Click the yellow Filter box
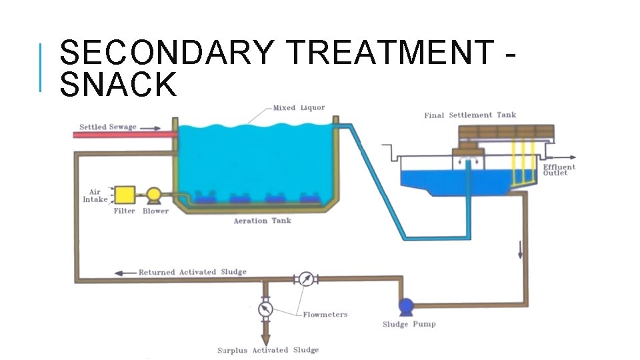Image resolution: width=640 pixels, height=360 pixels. coord(125,195)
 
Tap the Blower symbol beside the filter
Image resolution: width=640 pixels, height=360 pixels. coord(154,195)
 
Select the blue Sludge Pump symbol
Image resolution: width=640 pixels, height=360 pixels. coord(406,306)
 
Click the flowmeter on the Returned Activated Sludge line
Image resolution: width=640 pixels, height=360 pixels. coord(306,279)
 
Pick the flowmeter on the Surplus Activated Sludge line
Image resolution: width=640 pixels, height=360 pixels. coord(265,309)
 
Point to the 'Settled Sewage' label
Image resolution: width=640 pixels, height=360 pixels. coord(107,127)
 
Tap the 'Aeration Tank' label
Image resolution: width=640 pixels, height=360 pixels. coord(262,221)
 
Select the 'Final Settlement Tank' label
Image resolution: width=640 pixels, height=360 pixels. coord(470,115)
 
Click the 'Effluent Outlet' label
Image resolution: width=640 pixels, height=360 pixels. coord(559,170)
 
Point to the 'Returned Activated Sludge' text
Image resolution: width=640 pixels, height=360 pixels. coord(192,272)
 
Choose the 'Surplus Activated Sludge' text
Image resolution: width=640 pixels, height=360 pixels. coord(268,350)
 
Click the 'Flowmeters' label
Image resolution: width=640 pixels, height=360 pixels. coord(325,315)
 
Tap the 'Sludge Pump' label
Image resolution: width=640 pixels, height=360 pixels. coord(409,324)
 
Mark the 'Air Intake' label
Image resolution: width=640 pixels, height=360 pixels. coord(95,195)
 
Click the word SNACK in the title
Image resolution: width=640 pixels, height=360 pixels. coord(119,85)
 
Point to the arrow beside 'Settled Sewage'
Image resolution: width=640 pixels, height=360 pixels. coord(151,127)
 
